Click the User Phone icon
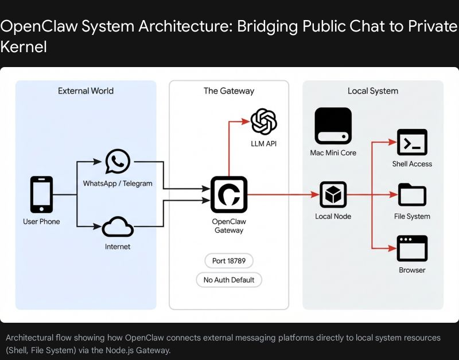[x=41, y=195]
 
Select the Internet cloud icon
[x=118, y=228]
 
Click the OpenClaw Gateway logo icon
[x=229, y=195]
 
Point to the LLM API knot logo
[x=263, y=122]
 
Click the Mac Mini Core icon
[x=333, y=126]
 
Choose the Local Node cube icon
[x=333, y=195]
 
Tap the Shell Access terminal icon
[x=412, y=142]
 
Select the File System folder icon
[x=412, y=195]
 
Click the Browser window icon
[x=412, y=248]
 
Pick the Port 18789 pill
[x=228, y=260]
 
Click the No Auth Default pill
[x=228, y=280]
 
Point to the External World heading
[x=85, y=91]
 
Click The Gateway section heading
[x=228, y=91]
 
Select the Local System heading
[x=372, y=91]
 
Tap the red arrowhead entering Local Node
[x=315, y=195]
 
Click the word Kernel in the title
[x=24, y=47]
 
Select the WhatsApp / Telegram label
[x=118, y=183]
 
